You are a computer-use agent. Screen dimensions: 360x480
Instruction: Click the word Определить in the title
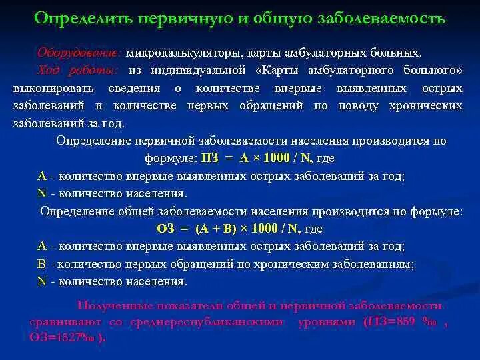(79, 18)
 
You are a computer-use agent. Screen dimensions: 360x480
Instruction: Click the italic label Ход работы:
(78, 70)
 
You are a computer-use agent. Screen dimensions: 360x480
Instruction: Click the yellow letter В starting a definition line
(42, 263)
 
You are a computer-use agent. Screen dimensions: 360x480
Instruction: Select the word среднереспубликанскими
(199, 321)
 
